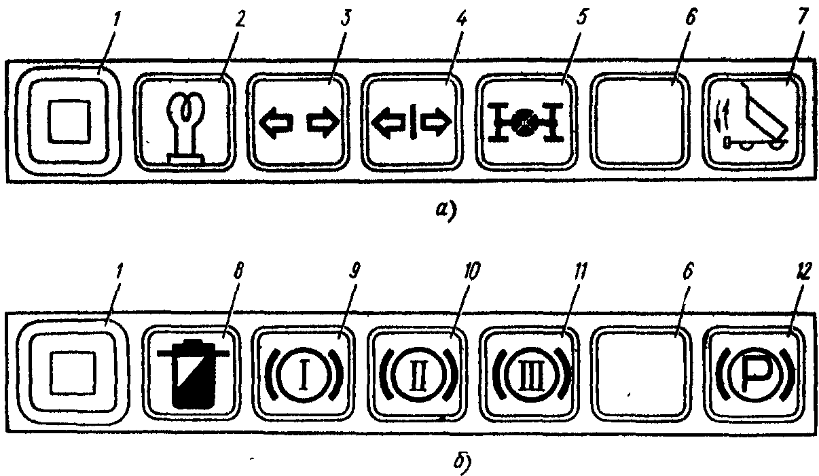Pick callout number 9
tap(354, 272)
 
